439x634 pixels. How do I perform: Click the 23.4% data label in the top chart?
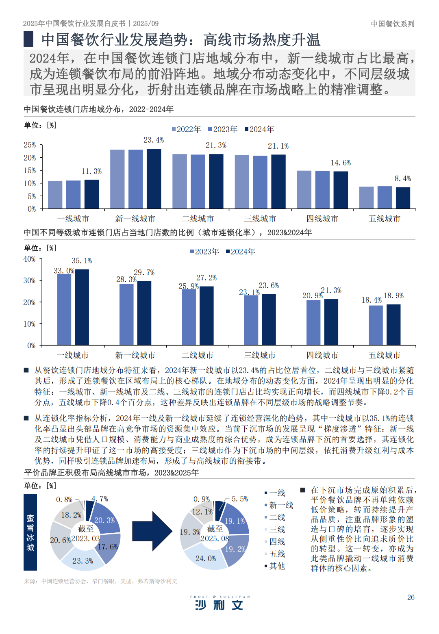pos(154,140)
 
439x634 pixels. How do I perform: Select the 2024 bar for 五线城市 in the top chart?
pos(403,198)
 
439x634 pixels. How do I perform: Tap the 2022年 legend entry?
pos(186,129)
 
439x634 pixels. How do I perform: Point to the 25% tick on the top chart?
pos(30,145)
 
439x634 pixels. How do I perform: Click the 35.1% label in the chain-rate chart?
pos(82,261)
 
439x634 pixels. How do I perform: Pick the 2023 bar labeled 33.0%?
pos(64,309)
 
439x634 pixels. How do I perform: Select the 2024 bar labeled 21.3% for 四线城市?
pos(331,322)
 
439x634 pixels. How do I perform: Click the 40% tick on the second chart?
pos(29,259)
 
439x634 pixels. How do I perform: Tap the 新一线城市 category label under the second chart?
pos(135,355)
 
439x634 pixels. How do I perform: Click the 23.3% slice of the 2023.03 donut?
pos(83,560)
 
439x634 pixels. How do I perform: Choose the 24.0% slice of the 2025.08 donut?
pos(205,559)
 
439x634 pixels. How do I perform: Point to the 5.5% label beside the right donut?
pos(240,499)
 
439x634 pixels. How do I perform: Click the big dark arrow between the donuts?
pos(152,531)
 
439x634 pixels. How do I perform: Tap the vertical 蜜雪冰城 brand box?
pos(30,532)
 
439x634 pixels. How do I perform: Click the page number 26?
pos(411,597)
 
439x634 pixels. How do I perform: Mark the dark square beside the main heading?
pos(28,39)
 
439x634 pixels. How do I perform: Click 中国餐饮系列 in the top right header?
pos(393,24)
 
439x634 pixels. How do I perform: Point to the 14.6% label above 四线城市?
pos(341,163)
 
